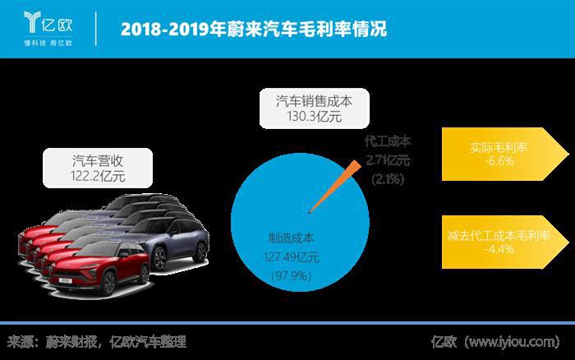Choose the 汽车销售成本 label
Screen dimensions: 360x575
310,103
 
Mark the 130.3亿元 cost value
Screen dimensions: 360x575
310,118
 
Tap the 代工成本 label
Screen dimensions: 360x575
389,141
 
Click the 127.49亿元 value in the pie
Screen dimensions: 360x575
293,256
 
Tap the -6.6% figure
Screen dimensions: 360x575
499,162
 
